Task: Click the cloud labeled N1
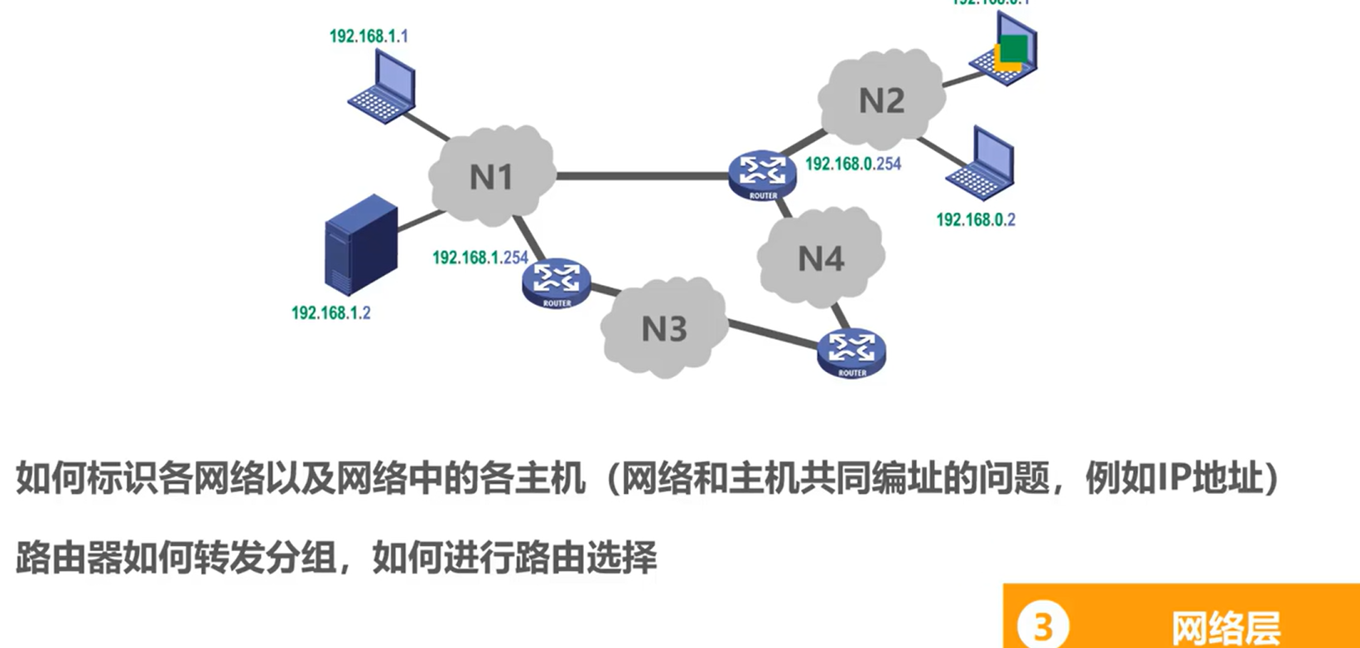coord(492,177)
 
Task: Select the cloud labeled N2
coord(881,99)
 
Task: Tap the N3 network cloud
coord(664,328)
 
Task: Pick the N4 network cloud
coord(820,258)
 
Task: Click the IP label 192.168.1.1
coord(369,36)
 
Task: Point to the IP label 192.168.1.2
coord(330,313)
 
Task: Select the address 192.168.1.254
coord(480,258)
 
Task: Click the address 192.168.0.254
coord(852,164)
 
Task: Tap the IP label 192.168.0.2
coord(975,220)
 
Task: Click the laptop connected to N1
coord(383,86)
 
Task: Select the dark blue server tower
coord(360,244)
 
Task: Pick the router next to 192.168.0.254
coord(762,174)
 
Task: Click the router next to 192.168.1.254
coord(557,283)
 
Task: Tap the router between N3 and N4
coord(851,353)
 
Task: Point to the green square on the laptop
coord(1013,48)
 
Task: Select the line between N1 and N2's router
coord(642,176)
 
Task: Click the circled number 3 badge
coord(1042,626)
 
